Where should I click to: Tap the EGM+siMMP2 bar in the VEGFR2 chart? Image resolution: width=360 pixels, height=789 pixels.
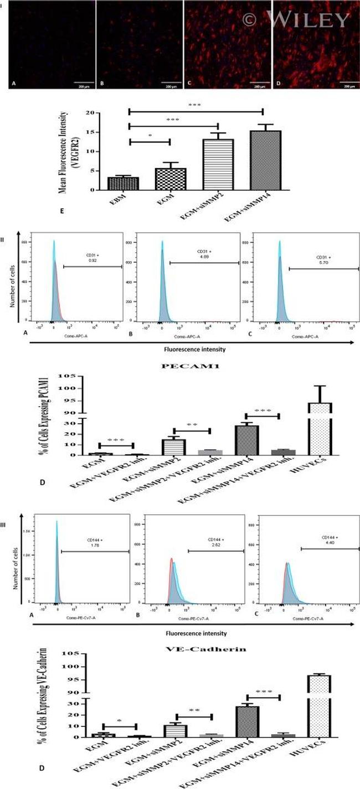tap(217, 165)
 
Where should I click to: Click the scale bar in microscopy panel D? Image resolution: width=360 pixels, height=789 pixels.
tap(347, 82)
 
